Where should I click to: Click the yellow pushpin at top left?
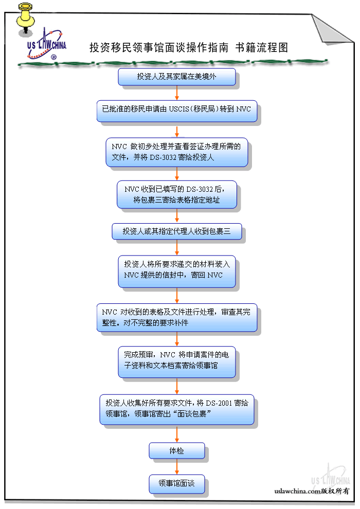23,19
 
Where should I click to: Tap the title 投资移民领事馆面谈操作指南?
159,48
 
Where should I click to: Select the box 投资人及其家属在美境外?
177,77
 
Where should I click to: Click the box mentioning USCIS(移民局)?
177,110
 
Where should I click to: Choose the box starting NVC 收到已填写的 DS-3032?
177,194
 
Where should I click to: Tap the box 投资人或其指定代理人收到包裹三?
177,231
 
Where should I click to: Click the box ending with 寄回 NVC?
177,270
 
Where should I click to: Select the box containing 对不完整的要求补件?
177,317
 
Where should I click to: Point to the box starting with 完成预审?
177,362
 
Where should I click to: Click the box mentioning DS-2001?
177,409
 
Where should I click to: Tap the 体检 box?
177,451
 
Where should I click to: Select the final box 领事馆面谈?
177,483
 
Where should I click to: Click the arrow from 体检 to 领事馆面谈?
177,466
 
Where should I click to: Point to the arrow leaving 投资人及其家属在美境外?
177,93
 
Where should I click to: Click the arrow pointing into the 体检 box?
177,433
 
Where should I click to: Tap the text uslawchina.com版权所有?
312,491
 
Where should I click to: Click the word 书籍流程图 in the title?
262,48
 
